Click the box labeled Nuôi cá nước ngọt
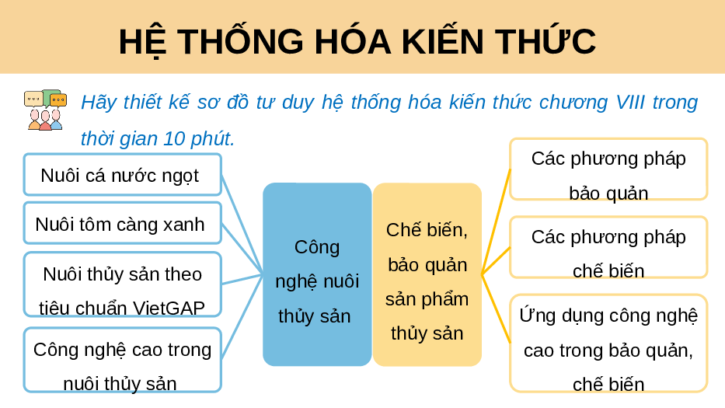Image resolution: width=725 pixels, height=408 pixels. point(123,174)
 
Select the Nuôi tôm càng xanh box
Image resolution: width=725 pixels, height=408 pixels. point(123,223)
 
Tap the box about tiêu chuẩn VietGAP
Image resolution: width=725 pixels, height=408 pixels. point(123,284)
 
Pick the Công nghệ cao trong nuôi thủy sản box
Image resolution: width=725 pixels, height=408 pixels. point(123,360)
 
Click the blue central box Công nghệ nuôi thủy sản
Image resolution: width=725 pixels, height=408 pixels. point(317,274)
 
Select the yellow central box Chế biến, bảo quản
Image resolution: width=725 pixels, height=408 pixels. point(427,274)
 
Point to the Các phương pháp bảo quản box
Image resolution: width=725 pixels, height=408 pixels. point(608,169)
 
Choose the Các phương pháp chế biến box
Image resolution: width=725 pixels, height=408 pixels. point(608,247)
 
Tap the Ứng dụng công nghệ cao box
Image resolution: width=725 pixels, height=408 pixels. point(608,343)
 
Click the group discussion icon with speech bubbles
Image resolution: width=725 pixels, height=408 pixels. point(45,110)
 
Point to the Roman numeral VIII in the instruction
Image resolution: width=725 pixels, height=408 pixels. point(630,103)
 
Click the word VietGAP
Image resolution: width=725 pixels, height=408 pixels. point(169,308)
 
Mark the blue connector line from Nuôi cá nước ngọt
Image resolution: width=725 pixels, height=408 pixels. point(242,225)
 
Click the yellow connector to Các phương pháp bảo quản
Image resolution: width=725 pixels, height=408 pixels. point(496,221)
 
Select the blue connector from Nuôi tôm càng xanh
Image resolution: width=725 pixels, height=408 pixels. point(242,249)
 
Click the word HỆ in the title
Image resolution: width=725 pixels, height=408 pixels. point(141,43)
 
